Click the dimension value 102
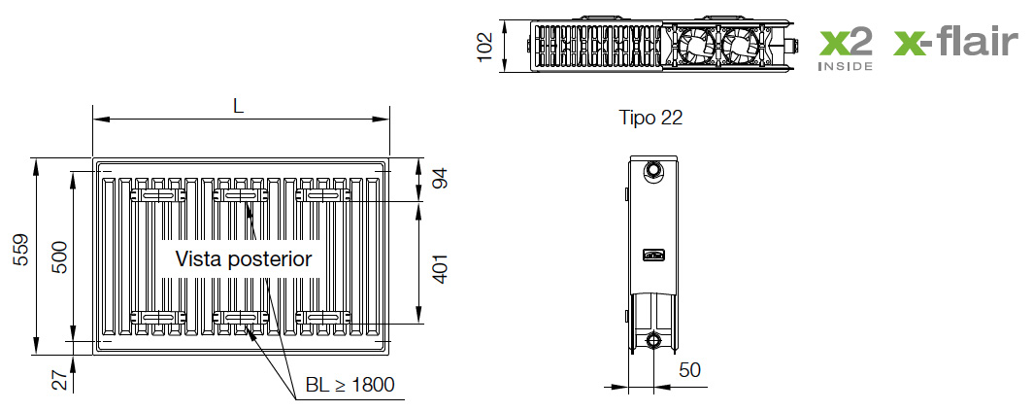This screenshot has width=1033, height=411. [x=486, y=46]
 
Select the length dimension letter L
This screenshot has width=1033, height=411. [x=238, y=107]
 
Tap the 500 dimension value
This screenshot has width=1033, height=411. [x=59, y=257]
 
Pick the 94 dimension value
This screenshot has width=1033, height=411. [x=440, y=179]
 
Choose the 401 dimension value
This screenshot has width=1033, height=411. [x=440, y=261]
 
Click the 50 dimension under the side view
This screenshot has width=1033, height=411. [x=688, y=370]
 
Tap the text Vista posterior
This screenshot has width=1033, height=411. [x=243, y=258]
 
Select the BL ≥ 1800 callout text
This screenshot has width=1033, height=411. [x=350, y=385]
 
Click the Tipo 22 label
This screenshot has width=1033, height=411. [x=650, y=118]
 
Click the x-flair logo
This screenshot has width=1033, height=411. [x=956, y=43]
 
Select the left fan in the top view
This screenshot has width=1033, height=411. [x=696, y=45]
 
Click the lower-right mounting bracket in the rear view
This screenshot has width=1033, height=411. [x=323, y=317]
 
